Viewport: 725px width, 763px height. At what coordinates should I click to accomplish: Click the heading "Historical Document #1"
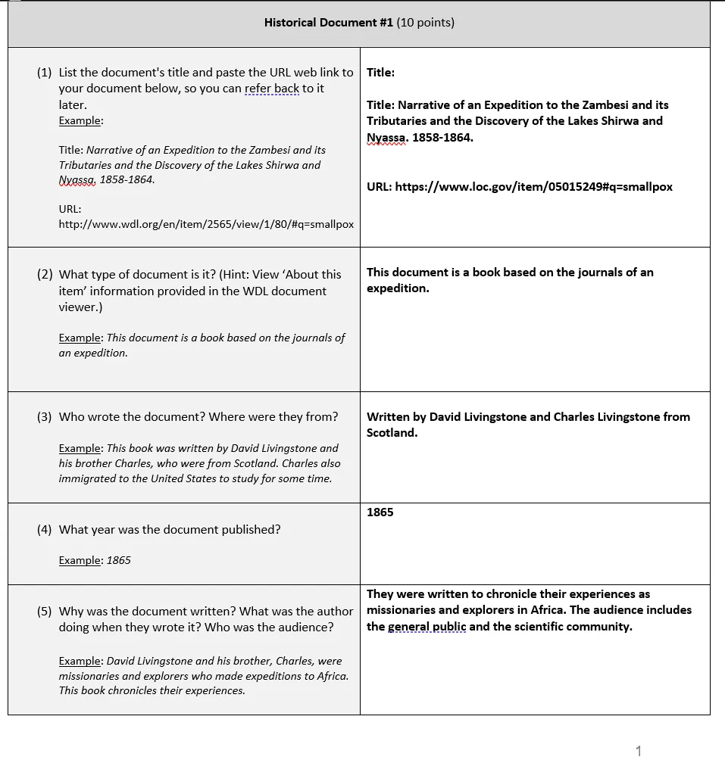click(x=329, y=23)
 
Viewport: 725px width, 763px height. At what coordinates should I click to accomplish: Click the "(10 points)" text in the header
click(x=426, y=23)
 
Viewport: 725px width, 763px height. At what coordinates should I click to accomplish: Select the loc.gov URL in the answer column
click(x=533, y=186)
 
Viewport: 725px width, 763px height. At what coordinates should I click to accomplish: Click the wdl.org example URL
click(x=206, y=224)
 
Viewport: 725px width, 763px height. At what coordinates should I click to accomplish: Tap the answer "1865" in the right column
click(x=380, y=512)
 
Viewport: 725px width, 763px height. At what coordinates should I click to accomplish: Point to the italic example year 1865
click(x=119, y=561)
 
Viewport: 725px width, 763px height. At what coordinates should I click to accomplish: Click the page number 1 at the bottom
click(x=638, y=751)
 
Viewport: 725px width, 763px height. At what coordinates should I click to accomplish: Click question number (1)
click(x=45, y=73)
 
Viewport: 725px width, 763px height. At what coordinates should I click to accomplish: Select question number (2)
click(x=45, y=275)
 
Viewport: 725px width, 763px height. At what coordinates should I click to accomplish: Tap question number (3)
click(x=45, y=417)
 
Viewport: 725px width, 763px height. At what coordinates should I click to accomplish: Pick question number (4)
click(x=45, y=530)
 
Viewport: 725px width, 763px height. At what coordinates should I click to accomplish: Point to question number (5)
click(x=45, y=612)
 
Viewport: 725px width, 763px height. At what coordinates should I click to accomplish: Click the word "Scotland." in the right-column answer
click(x=392, y=433)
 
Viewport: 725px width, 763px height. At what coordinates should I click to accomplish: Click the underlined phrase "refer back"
click(x=272, y=89)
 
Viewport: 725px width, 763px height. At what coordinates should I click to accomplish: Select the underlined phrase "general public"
click(x=427, y=627)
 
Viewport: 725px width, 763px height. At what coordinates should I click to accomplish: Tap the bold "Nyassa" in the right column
click(x=386, y=138)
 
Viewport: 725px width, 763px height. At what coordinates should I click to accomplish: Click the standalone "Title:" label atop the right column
click(x=381, y=73)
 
